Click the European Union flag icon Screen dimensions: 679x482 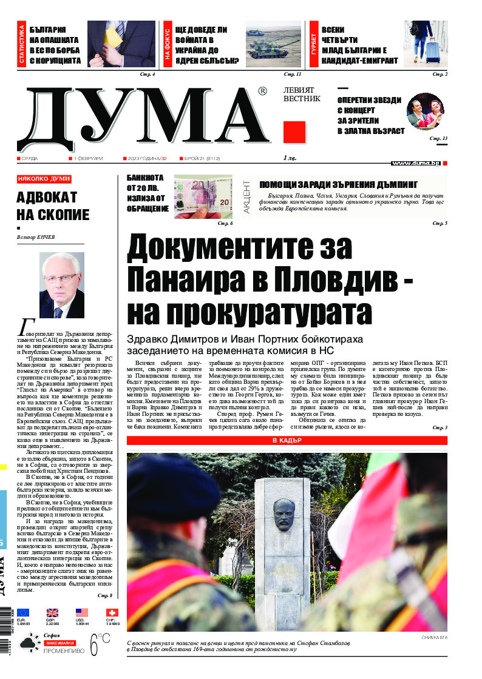(x=23, y=613)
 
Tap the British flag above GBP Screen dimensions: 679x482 (x=53, y=613)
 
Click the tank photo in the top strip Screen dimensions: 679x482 (x=273, y=44)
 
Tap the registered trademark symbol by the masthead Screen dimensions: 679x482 (x=262, y=91)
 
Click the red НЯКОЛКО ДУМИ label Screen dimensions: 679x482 (x=44, y=179)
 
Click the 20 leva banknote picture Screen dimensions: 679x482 (x=203, y=197)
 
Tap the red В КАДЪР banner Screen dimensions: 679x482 (x=287, y=441)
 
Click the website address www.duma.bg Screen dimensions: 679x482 (x=415, y=163)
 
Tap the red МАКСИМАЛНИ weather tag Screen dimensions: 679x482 (x=59, y=643)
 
